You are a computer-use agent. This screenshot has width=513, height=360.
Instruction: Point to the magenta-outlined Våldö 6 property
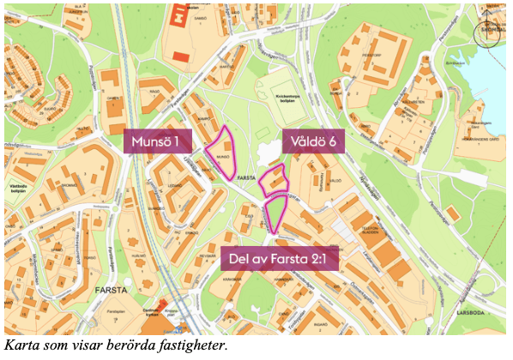[x=273, y=180]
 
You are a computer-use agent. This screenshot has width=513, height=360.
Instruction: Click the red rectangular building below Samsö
[x=181, y=57]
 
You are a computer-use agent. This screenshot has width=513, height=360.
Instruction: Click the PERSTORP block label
[x=371, y=53]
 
